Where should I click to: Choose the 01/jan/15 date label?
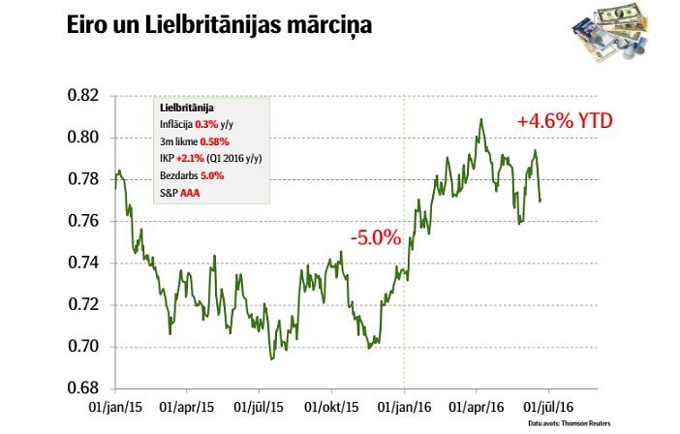[115, 408]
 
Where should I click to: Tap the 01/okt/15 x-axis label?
[333, 408]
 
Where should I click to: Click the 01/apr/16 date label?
[478, 408]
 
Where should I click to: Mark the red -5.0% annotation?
[376, 236]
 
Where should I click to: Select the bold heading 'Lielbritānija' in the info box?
[187, 108]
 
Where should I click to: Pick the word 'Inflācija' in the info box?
[176, 125]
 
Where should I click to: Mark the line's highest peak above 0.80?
[480, 119]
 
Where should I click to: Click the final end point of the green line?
[541, 201]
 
